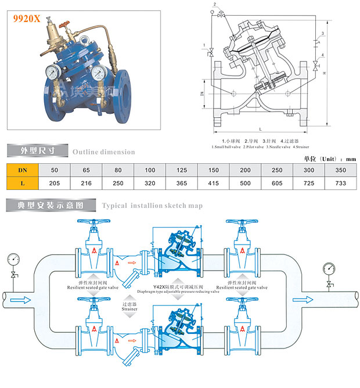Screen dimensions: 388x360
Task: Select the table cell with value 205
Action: click(55, 183)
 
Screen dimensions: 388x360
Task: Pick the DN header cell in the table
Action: click(22, 170)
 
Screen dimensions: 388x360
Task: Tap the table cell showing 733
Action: click(340, 183)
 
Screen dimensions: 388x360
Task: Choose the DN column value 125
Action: click(182, 170)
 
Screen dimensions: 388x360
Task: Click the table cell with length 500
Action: click(246, 183)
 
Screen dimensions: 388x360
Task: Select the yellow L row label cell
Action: click(22, 183)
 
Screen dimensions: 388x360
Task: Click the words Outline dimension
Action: click(103, 152)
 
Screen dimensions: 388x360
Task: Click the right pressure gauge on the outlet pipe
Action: click(330, 268)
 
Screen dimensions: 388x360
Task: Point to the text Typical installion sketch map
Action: click(152, 206)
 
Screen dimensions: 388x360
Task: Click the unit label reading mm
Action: click(350, 159)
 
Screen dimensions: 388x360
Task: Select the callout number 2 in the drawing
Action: click(215, 5)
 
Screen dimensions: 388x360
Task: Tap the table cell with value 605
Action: click(277, 183)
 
